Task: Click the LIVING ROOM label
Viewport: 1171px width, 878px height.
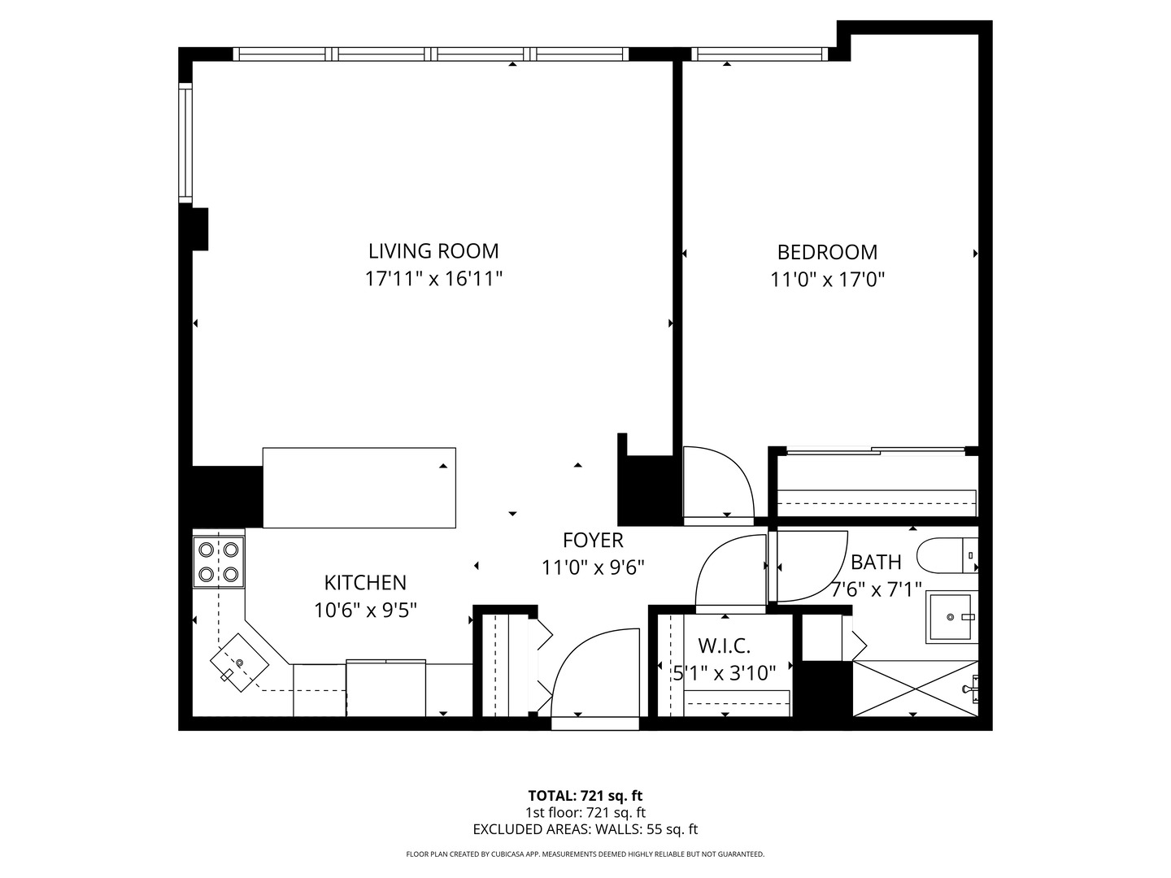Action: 433,251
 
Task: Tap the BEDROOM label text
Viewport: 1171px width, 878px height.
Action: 827,252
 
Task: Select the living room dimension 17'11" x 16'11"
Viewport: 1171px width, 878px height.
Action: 433,279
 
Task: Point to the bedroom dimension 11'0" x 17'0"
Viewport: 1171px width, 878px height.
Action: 827,280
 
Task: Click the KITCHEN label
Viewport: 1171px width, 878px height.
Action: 365,583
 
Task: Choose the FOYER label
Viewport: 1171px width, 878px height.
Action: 593,540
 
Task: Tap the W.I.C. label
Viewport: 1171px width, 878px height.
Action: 724,646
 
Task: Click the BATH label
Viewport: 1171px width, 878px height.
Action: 876,562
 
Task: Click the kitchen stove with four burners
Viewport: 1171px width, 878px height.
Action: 218,562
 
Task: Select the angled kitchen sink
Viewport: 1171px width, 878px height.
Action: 240,663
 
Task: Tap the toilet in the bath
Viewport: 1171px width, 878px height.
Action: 947,555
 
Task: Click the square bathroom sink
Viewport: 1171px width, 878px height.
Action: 950,617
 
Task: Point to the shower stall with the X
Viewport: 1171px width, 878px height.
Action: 916,689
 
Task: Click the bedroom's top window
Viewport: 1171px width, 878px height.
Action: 760,54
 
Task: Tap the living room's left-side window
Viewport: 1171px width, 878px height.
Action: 185,142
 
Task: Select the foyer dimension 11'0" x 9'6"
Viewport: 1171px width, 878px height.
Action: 593,567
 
